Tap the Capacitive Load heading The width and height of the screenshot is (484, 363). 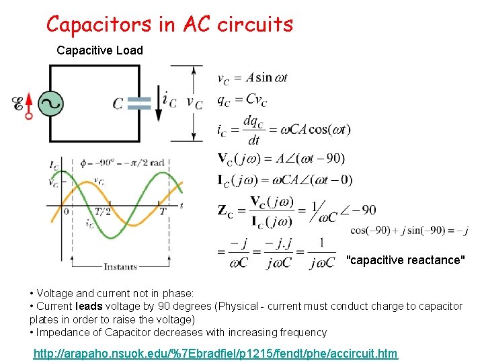(x=99, y=50)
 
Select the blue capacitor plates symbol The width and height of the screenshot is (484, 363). (x=139, y=103)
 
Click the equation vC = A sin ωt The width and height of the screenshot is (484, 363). (x=251, y=78)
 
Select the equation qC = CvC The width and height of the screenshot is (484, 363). (x=241, y=99)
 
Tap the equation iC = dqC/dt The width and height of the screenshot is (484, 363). (x=282, y=129)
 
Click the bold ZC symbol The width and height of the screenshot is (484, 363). (x=226, y=210)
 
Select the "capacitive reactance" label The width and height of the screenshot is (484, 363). (x=405, y=260)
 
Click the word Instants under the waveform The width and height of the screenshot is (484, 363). (x=120, y=266)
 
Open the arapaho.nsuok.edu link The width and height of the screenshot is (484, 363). (x=216, y=354)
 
